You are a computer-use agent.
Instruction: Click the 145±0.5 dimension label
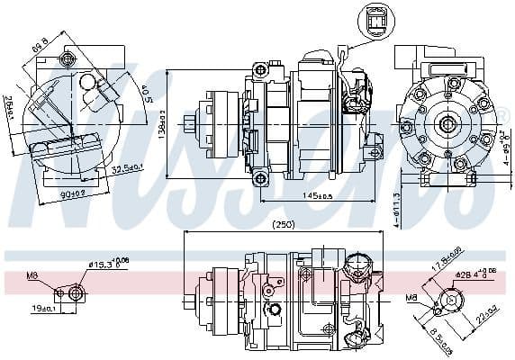click(318, 196)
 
